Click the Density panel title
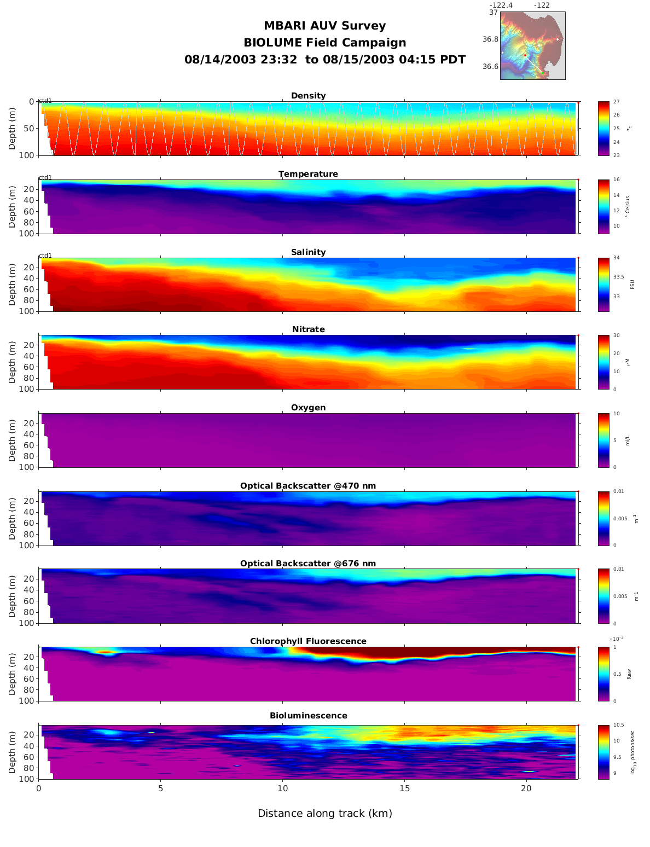pyautogui.click(x=308, y=96)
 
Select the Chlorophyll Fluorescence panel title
pyautogui.click(x=308, y=641)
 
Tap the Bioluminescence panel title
pyautogui.click(x=308, y=716)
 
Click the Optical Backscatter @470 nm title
pyautogui.click(x=308, y=486)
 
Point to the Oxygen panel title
pyautogui.click(x=308, y=408)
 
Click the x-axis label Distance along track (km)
pyautogui.click(x=325, y=814)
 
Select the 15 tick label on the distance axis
pyautogui.click(x=404, y=788)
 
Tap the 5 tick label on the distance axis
pyautogui.click(x=160, y=788)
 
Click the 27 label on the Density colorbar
pyautogui.click(x=616, y=102)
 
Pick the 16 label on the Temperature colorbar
pyautogui.click(x=616, y=180)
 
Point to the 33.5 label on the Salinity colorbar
pyautogui.click(x=618, y=277)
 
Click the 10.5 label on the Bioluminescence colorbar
pyautogui.click(x=618, y=726)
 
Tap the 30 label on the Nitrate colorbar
pyautogui.click(x=616, y=335)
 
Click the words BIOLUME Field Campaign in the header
pyautogui.click(x=324, y=43)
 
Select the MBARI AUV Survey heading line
pyautogui.click(x=324, y=26)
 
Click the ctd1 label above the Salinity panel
pyautogui.click(x=45, y=256)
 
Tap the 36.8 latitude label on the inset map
pyautogui.click(x=490, y=39)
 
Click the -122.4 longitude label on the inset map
pyautogui.click(x=501, y=5)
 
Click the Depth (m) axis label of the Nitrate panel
pyautogui.click(x=13, y=362)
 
